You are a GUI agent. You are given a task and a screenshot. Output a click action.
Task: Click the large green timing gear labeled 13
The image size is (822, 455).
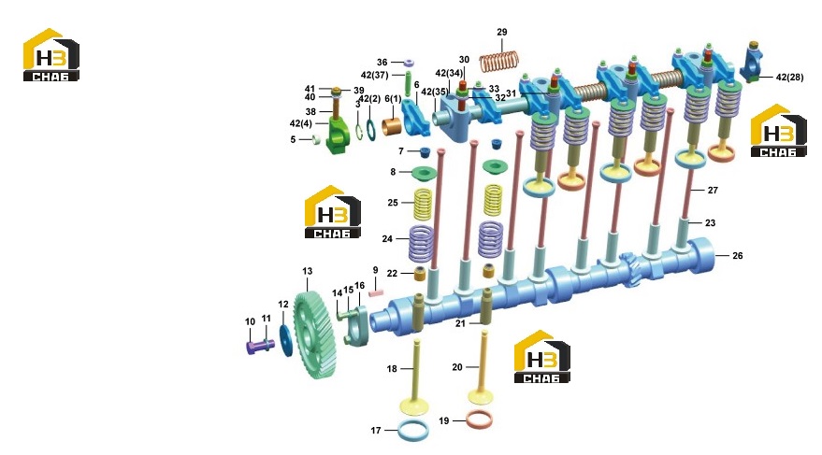coord(314,335)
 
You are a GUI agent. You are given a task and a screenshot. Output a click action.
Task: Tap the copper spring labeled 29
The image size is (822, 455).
coord(499,60)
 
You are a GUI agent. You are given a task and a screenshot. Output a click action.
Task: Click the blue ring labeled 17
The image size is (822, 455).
coord(413,430)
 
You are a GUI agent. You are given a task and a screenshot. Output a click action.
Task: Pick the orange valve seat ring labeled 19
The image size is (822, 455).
coord(479,419)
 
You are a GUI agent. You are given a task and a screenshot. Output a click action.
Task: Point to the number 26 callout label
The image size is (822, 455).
coord(737,255)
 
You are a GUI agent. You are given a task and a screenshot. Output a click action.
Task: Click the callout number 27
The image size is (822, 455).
coord(713,190)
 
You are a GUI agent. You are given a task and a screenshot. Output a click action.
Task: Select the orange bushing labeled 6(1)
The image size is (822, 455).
coord(392,127)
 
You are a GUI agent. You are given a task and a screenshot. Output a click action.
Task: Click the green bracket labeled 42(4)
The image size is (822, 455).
coord(336,136)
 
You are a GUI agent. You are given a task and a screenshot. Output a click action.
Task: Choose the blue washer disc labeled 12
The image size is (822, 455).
coord(286,340)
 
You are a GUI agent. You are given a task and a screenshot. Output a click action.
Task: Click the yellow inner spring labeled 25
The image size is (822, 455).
coord(423,205)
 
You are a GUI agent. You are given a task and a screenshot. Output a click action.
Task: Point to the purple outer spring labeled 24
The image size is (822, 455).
coord(421,244)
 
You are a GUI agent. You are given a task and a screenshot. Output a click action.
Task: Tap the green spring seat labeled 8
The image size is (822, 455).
coord(425,173)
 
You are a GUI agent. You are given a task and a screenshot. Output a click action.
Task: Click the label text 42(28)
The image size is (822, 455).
coord(789,77)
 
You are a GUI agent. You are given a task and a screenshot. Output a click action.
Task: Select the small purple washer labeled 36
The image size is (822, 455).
coord(409,63)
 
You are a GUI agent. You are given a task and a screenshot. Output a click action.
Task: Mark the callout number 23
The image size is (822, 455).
coord(710,222)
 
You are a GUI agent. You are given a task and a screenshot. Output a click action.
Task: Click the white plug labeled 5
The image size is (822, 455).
coord(316,139)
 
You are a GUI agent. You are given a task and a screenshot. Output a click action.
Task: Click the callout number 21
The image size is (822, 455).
coord(460,323)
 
